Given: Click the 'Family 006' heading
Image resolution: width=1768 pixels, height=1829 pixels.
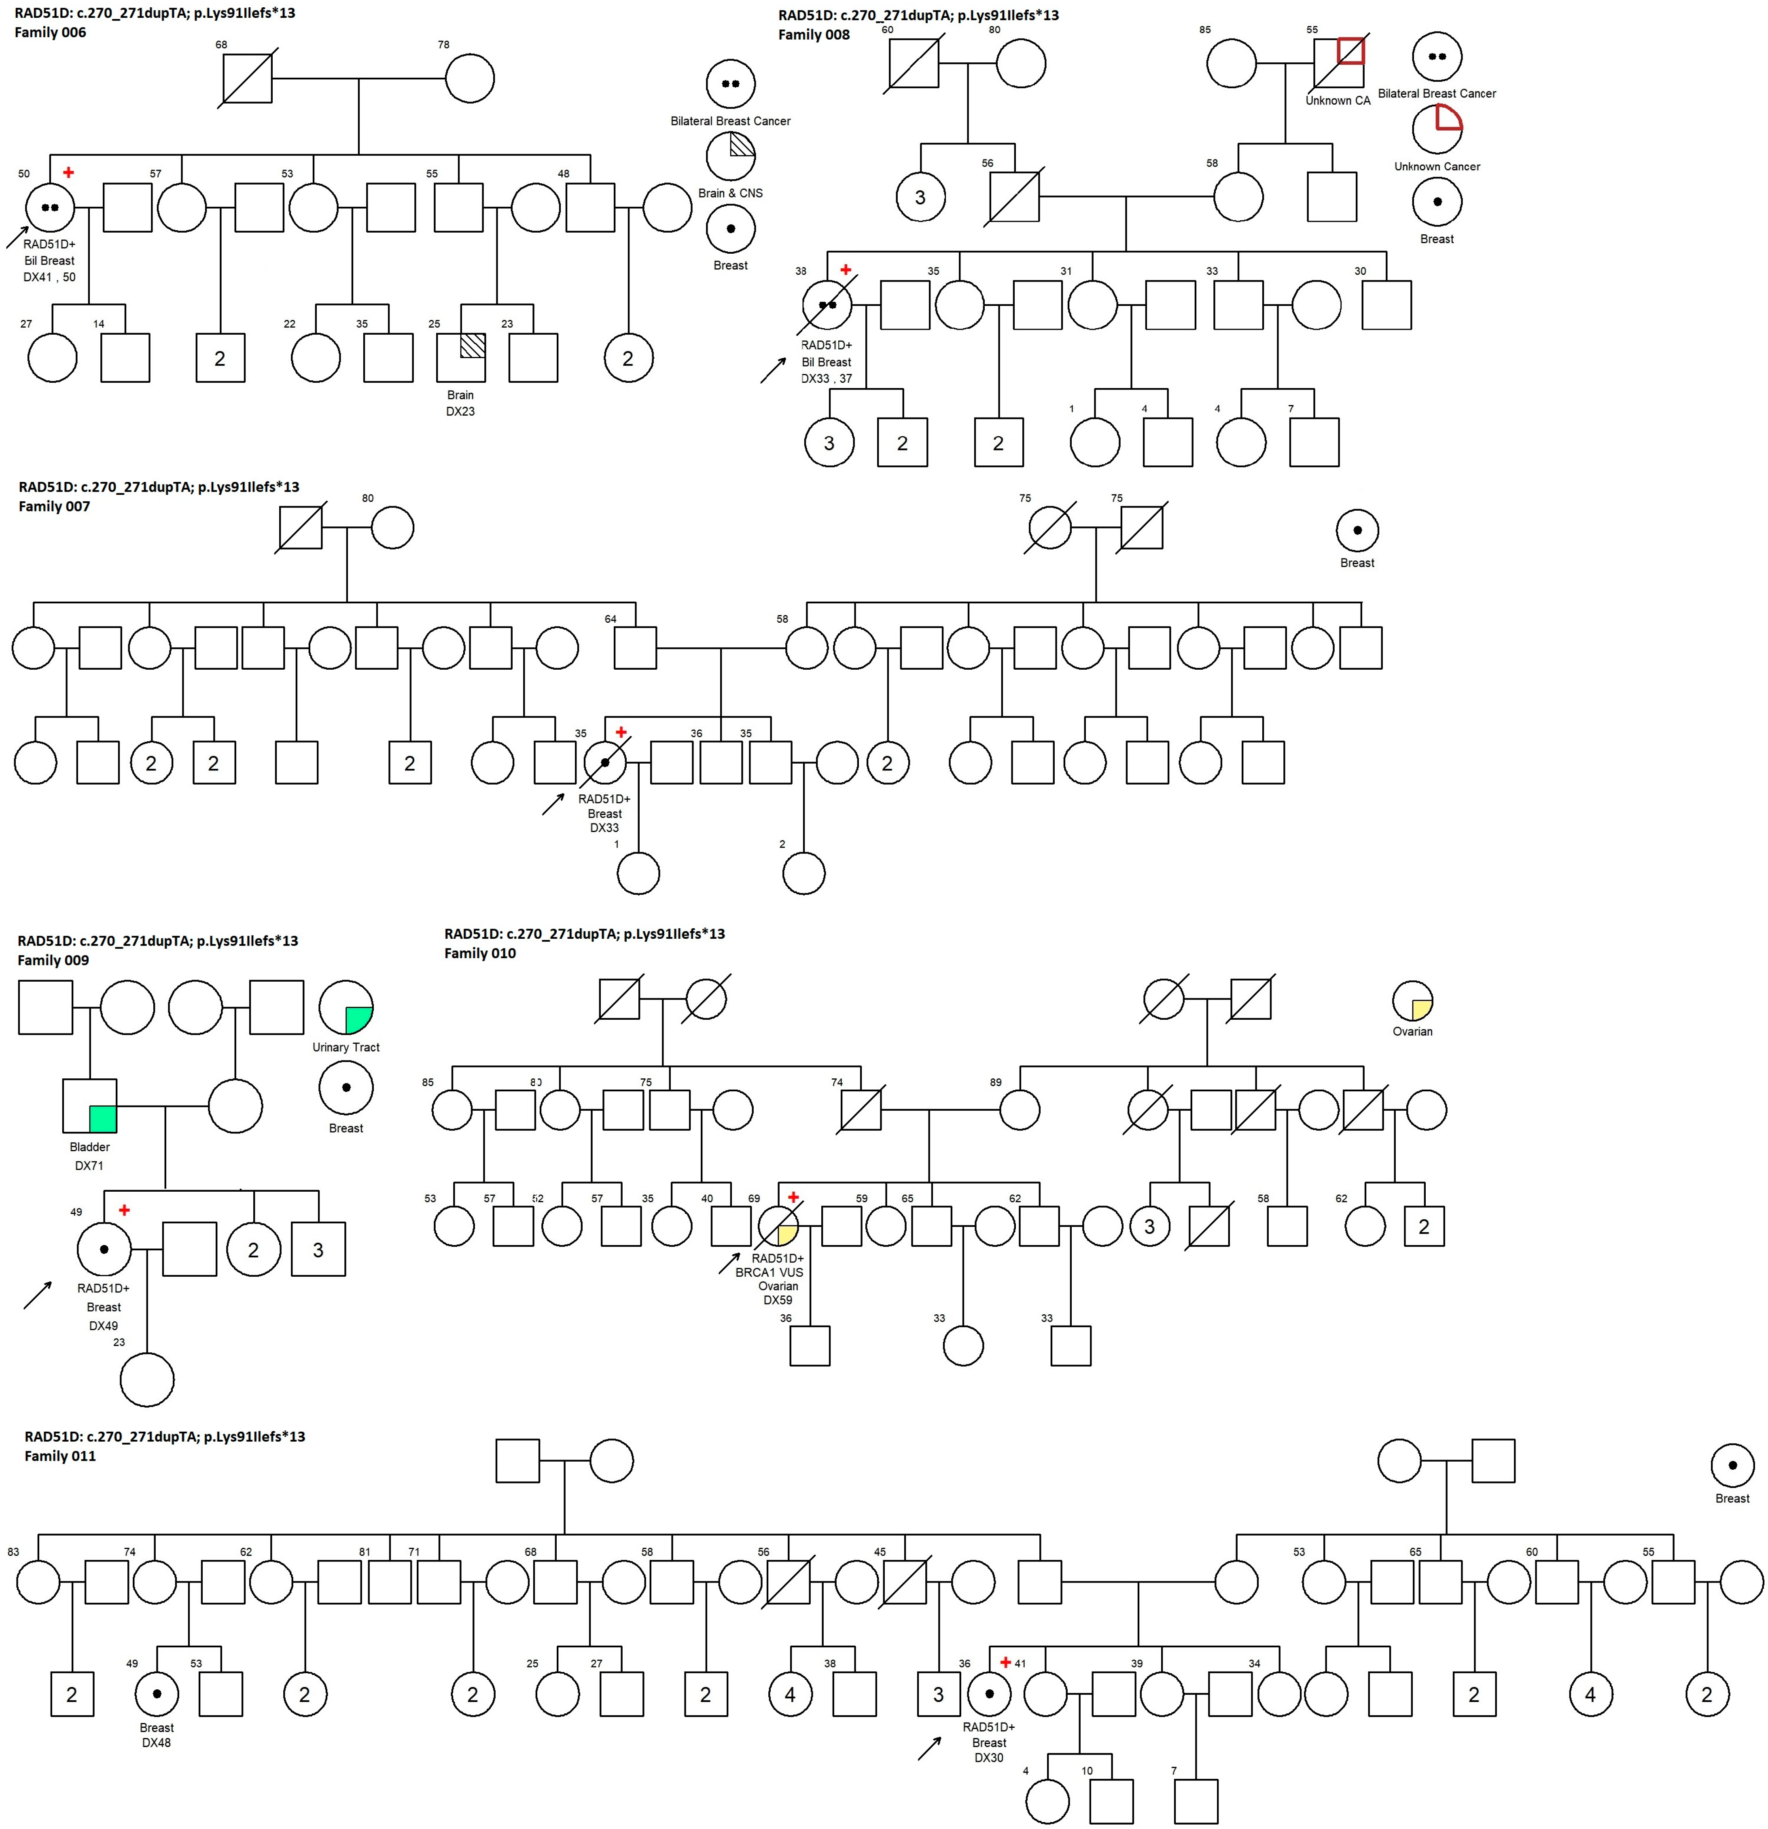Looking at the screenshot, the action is [x=51, y=33].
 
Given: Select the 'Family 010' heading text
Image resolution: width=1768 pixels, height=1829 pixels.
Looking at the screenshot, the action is [x=479, y=953].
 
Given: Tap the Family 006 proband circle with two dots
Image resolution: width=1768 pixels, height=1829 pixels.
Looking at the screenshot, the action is [x=51, y=207].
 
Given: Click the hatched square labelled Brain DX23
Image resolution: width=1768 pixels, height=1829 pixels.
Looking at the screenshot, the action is [x=461, y=357].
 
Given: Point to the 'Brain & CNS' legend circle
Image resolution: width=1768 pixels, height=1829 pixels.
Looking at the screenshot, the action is [x=731, y=156].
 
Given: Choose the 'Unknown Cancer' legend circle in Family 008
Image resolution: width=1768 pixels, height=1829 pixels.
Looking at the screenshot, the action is [x=1437, y=129].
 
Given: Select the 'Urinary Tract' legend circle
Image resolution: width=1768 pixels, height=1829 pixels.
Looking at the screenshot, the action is [x=346, y=1007].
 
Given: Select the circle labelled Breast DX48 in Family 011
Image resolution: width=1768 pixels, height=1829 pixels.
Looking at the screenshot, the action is [x=157, y=1694].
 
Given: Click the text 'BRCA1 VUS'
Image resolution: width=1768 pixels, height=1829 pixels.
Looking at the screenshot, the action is [x=769, y=1272].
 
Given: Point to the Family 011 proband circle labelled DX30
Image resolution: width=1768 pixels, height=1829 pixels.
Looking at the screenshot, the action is [x=990, y=1694].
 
